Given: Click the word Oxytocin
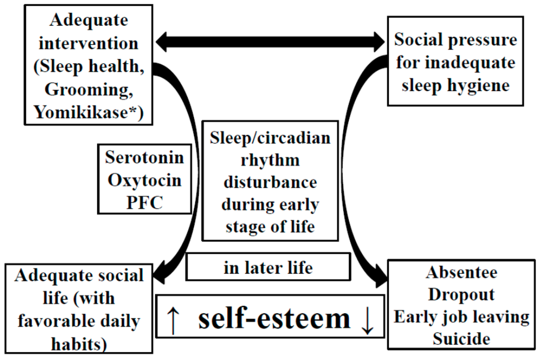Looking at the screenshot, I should tap(144, 180).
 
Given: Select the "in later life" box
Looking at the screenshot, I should tap(268, 268).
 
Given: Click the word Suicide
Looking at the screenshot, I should tap(461, 339).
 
